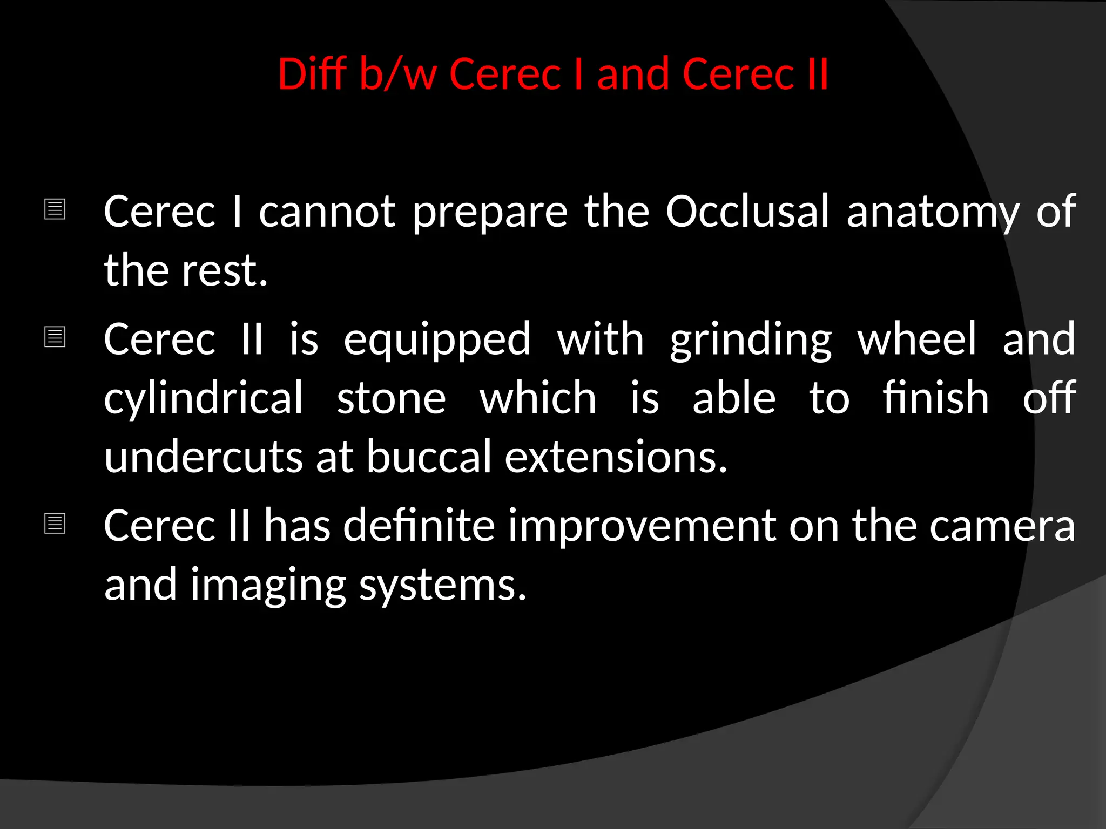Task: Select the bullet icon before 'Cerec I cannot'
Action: (x=55, y=209)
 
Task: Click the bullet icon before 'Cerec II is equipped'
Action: (x=55, y=337)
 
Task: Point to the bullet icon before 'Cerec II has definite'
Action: (x=55, y=523)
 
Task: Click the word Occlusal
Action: (x=747, y=211)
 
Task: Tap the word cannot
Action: (x=327, y=211)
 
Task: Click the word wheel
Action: (x=917, y=339)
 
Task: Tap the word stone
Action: (x=392, y=398)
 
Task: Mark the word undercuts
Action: (x=203, y=457)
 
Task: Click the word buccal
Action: (x=429, y=457)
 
